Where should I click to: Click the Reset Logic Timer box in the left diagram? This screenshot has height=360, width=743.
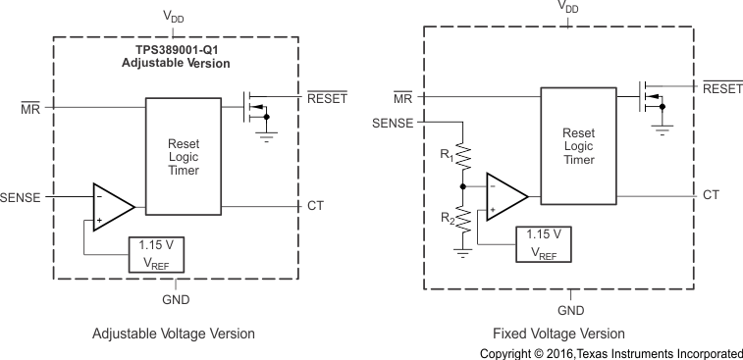coord(185,155)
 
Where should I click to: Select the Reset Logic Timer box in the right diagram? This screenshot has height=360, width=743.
coord(579,147)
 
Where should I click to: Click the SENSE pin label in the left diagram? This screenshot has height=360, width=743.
coord(21,197)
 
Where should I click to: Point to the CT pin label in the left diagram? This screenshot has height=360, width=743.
coord(315,205)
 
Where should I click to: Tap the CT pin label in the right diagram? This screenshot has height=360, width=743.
coord(711,194)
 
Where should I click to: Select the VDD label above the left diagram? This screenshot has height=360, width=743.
coord(176,18)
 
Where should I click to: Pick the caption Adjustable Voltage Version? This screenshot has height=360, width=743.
coord(174,334)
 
